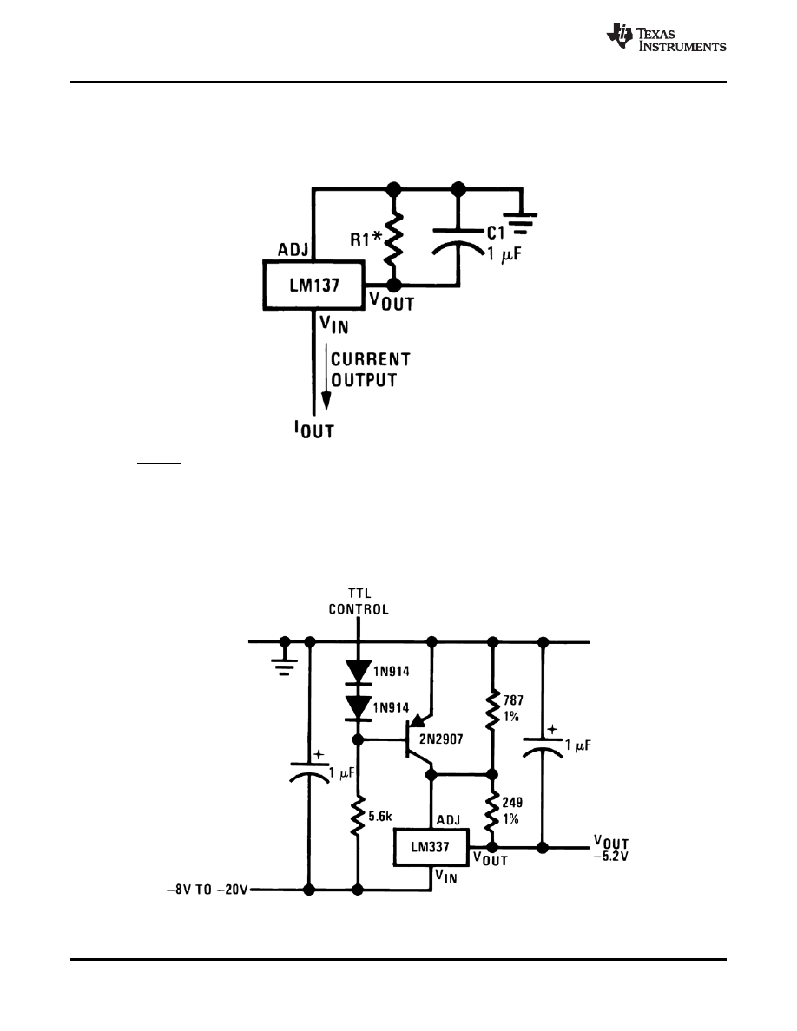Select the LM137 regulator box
[x=313, y=284]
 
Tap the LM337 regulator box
[x=431, y=846]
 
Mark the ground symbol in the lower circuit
[x=283, y=661]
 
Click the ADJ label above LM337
[x=448, y=818]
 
